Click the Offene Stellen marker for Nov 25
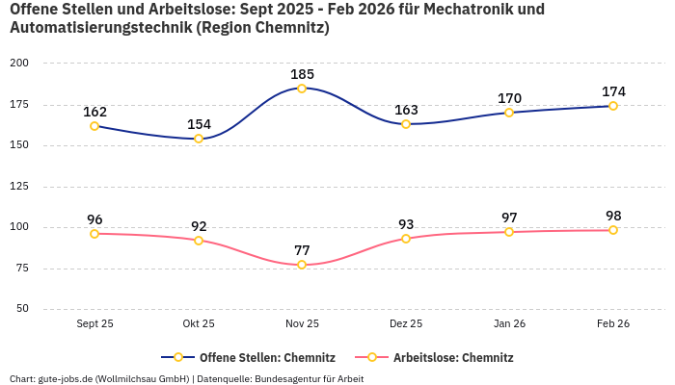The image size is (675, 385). [302, 89]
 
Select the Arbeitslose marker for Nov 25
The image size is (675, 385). [302, 265]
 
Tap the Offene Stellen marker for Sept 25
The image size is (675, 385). [94, 126]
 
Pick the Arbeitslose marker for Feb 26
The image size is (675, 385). [613, 230]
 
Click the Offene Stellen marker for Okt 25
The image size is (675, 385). [199, 139]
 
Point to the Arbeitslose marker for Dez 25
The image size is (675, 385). [406, 239]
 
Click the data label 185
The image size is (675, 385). [302, 74]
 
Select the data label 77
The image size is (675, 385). [302, 250]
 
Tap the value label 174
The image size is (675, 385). [613, 91]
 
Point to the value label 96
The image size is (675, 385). [94, 219]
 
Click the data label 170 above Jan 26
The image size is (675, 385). [509, 98]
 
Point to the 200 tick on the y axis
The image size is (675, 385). [19, 63]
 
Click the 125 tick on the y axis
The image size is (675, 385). [19, 187]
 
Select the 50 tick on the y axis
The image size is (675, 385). [21, 309]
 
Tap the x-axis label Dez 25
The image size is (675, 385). [406, 323]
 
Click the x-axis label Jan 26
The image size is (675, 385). [509, 323]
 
